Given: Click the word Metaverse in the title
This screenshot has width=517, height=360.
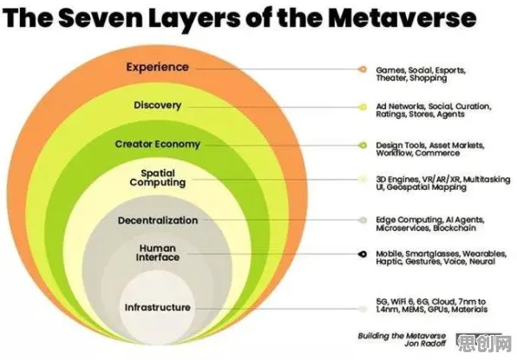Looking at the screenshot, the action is [x=402, y=17].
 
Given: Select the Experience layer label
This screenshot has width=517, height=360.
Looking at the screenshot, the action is [x=158, y=68].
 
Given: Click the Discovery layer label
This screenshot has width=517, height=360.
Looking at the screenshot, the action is [x=158, y=105].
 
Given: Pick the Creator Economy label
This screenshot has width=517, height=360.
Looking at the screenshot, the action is [x=158, y=144].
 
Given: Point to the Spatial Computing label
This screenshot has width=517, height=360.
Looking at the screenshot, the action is [x=158, y=178].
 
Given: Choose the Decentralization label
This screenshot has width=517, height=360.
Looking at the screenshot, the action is [x=158, y=220].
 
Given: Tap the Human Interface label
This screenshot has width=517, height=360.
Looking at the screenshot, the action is [x=158, y=252].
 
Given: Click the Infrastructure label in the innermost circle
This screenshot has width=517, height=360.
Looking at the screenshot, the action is [x=158, y=308].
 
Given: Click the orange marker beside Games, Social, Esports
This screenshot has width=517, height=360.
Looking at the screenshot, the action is [x=363, y=69].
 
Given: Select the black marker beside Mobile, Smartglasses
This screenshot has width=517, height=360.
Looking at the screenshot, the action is [x=363, y=254].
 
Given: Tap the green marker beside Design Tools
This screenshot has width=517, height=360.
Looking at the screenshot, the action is [x=363, y=146].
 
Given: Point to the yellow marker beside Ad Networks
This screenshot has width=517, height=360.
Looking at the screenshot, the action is [x=363, y=108].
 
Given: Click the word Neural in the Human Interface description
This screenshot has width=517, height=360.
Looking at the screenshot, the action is [x=482, y=262].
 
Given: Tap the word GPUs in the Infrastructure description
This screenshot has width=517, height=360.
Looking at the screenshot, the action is [x=438, y=310].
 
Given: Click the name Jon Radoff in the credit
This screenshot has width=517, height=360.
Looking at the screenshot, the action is [x=425, y=344].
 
